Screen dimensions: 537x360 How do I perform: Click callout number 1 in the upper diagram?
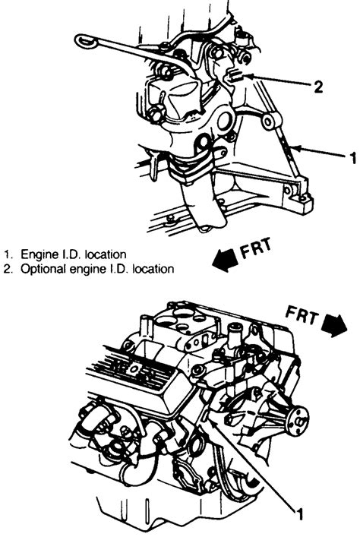(352, 158)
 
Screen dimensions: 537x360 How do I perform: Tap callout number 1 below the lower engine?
(301, 515)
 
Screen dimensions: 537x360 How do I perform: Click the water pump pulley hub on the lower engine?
(302, 415)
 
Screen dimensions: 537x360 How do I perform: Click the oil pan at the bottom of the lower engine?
(152, 516)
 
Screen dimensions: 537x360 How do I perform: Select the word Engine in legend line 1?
(37, 253)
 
